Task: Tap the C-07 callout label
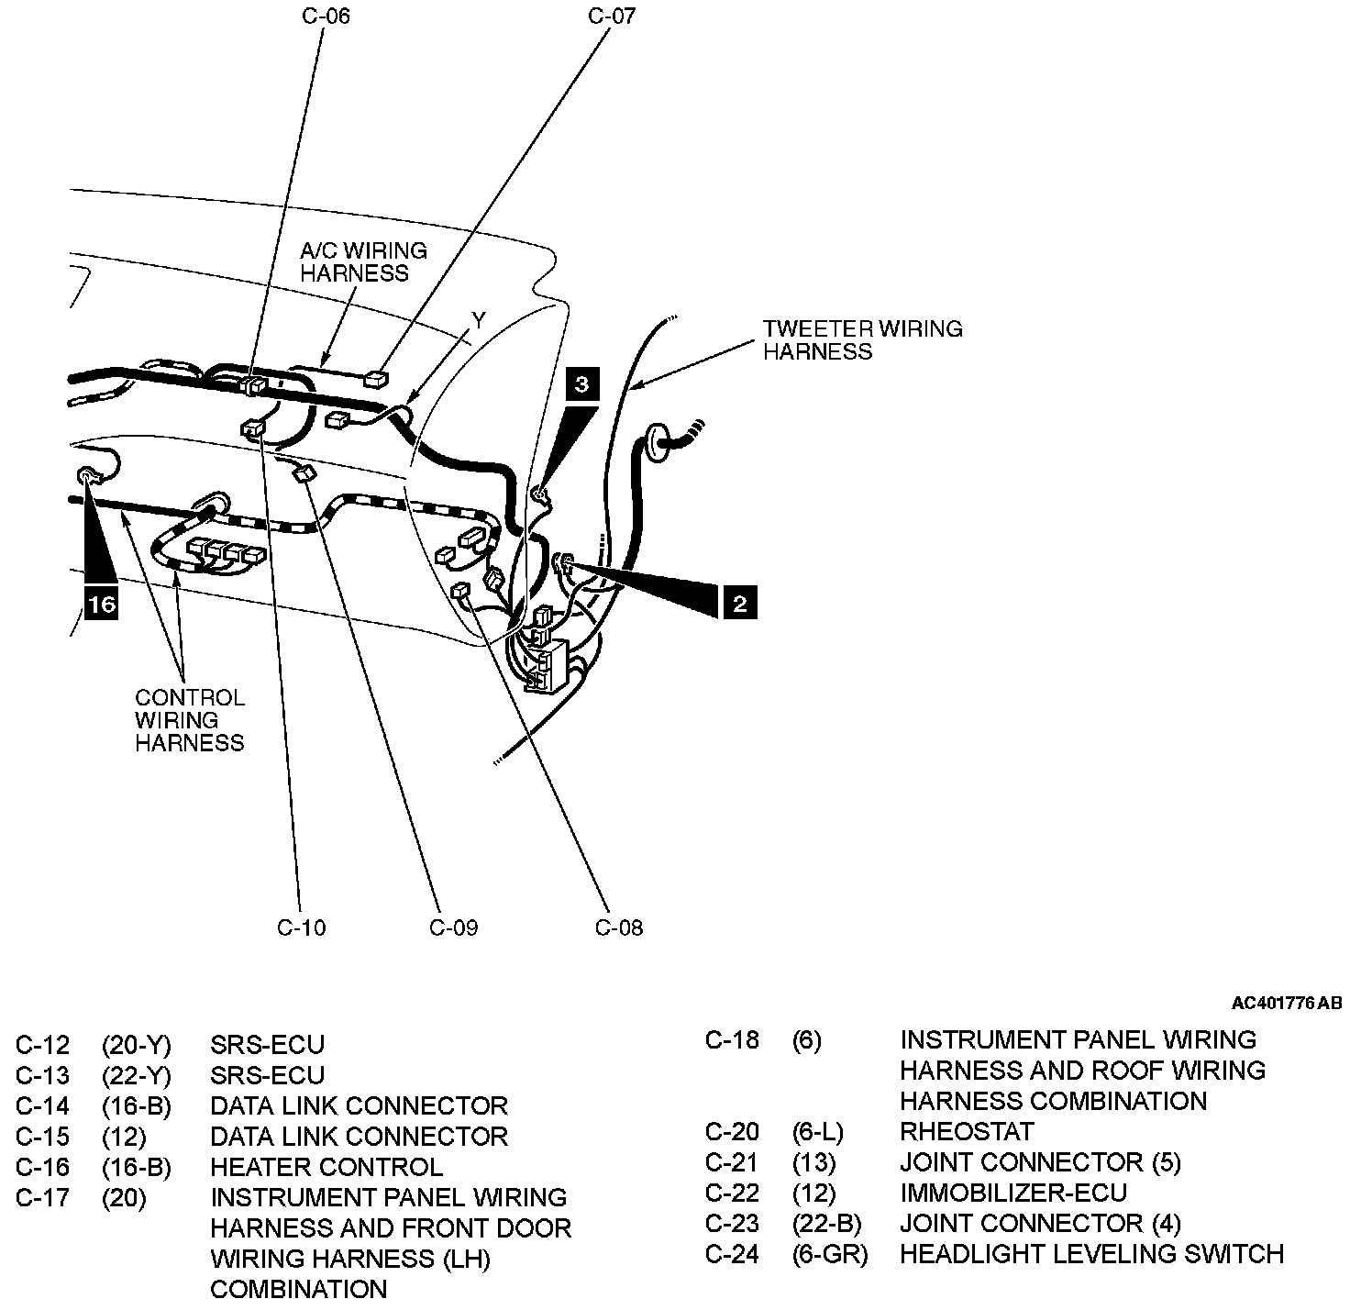click(x=612, y=16)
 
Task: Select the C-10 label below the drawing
click(x=301, y=927)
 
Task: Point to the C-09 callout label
click(x=453, y=927)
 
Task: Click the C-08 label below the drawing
click(x=619, y=927)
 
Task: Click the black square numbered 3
click(x=582, y=383)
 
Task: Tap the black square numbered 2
click(x=740, y=603)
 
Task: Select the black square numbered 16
click(x=101, y=605)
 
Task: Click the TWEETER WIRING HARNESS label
click(x=862, y=340)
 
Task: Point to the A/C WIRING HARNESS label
click(x=363, y=261)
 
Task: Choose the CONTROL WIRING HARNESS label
click(x=190, y=720)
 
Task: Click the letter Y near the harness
click(x=479, y=319)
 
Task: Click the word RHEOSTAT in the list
click(x=967, y=1131)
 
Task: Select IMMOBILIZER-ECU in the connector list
click(x=1012, y=1193)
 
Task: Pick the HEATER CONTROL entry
click(x=326, y=1167)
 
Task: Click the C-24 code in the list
click(x=732, y=1253)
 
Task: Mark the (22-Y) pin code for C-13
click(x=136, y=1075)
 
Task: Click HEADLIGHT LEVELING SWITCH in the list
click(x=1091, y=1253)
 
